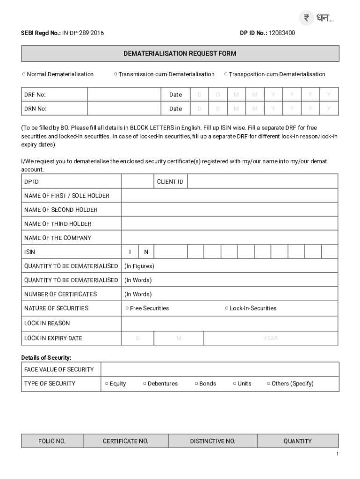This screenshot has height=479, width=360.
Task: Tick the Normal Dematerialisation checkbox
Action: click(23, 74)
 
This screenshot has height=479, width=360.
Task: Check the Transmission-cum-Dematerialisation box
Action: click(115, 74)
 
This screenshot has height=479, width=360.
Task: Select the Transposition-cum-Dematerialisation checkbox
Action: click(226, 74)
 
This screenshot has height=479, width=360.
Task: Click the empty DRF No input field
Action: click(124, 95)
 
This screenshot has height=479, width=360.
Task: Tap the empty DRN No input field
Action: click(124, 109)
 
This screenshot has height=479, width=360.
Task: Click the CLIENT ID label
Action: click(170, 181)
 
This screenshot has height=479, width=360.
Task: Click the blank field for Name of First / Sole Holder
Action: click(230, 196)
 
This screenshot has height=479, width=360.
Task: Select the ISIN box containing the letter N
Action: click(146, 252)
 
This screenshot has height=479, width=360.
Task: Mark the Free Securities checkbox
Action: click(127, 308)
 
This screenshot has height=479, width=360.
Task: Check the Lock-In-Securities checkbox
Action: click(227, 308)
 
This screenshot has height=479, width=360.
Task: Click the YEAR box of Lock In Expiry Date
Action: click(270, 338)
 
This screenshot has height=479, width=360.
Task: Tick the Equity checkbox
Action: click(107, 384)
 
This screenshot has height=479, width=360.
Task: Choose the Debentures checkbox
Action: click(144, 384)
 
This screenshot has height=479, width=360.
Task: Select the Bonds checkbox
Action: click(196, 384)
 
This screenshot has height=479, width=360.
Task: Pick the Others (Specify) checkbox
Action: click(268, 384)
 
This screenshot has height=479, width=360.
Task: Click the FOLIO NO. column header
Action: click(52, 441)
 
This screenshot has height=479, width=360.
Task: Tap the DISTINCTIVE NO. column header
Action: click(212, 441)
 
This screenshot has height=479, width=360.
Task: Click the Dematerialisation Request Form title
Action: click(180, 54)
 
